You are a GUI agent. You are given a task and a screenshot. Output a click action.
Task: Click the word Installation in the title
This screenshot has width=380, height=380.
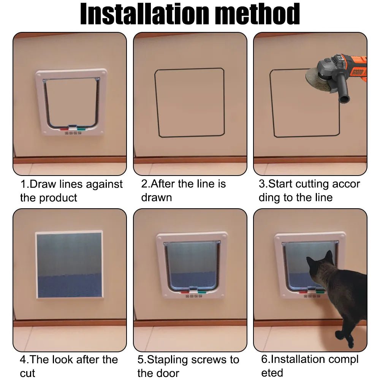pyautogui.click(x=143, y=14)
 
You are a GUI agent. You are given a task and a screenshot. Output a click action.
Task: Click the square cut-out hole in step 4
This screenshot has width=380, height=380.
pyautogui.click(x=69, y=265)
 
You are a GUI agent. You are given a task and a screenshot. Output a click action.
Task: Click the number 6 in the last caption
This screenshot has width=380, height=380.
pyautogui.click(x=264, y=359)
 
